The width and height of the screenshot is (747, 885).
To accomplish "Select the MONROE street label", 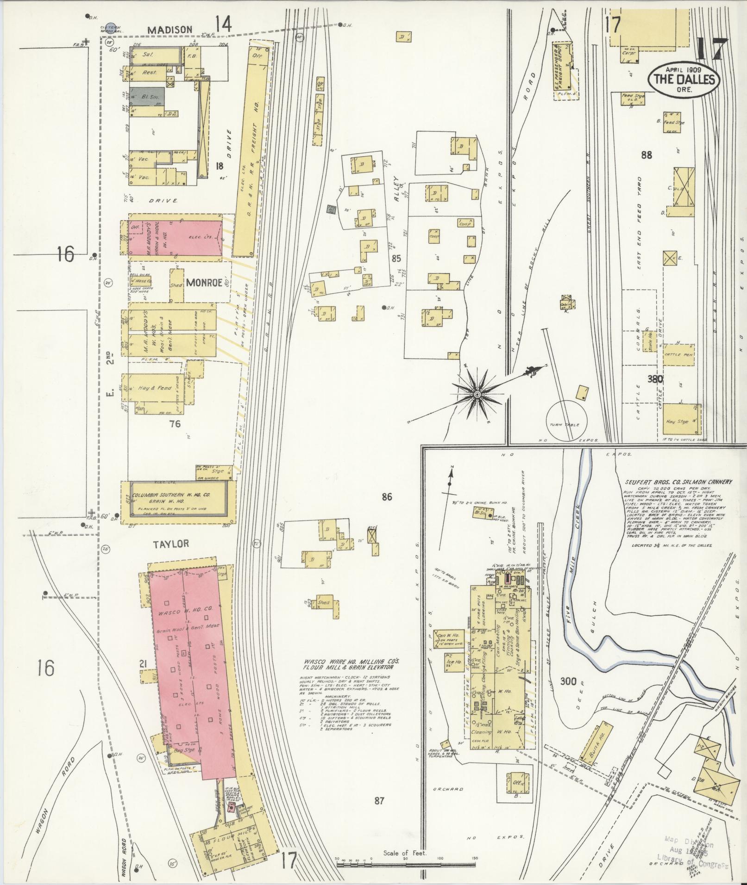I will point(204,283).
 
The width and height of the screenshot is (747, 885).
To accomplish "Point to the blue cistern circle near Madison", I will point(110,28).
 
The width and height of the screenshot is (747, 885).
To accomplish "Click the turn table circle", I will point(566,422).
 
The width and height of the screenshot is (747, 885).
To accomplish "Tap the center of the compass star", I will point(477,394).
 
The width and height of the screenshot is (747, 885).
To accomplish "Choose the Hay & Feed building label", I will point(154,388).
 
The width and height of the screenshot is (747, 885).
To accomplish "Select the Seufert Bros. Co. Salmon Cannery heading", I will point(678,482).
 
